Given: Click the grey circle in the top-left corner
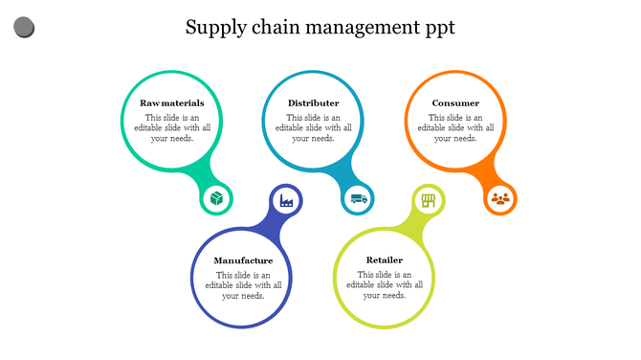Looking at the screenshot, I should [x=25, y=28].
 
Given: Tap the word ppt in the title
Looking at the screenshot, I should [x=435, y=29].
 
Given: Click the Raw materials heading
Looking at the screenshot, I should [x=171, y=102].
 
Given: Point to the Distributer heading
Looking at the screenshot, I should [x=313, y=102].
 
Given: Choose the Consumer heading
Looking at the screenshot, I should [x=455, y=102].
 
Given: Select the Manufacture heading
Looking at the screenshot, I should [x=243, y=260].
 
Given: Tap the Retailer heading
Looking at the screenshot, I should [x=385, y=259].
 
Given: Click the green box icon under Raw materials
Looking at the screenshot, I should [x=217, y=199].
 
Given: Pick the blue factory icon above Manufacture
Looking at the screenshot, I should [x=285, y=200].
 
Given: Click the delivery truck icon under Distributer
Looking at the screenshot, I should [x=359, y=199].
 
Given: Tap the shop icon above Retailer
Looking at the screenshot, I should [x=428, y=200].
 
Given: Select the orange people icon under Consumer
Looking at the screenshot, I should [x=500, y=199].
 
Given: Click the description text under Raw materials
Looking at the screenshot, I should [x=171, y=127].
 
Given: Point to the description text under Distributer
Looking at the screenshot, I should [x=313, y=127].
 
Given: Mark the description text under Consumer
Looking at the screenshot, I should [x=455, y=127].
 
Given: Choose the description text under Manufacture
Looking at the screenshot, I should [x=243, y=285].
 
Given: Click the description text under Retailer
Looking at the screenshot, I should [x=385, y=284].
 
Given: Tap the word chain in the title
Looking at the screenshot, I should [x=277, y=27].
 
